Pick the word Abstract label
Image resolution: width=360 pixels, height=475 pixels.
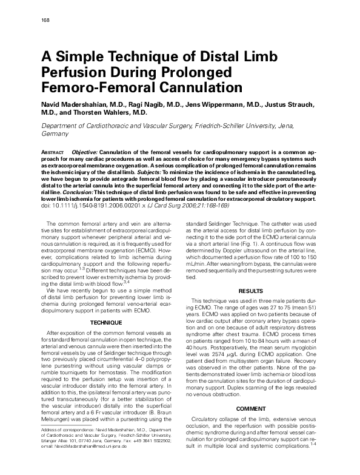coord(53,151)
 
